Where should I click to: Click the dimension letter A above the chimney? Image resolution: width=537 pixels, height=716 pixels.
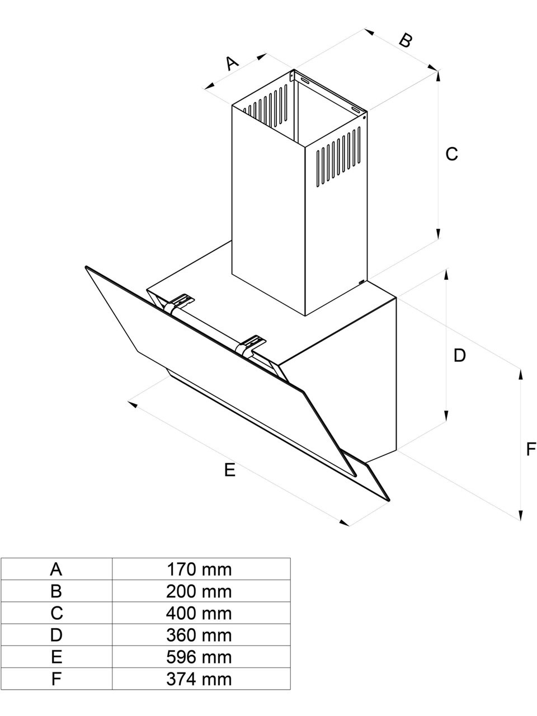coord(232,62)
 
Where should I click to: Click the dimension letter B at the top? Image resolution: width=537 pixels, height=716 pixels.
coord(406,40)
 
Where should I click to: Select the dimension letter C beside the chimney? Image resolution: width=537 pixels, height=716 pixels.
coord(451,153)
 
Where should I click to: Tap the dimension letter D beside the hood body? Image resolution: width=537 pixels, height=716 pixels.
coord(459,355)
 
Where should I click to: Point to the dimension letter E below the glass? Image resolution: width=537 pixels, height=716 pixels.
coord(230,470)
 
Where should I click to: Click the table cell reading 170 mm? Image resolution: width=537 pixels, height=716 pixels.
coord(199,569)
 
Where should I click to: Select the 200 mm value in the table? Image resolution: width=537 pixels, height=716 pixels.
coord(199,591)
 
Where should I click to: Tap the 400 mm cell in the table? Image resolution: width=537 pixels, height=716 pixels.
coord(199,613)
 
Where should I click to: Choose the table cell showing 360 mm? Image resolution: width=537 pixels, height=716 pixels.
coord(199,635)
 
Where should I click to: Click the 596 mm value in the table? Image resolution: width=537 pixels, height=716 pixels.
coord(199,657)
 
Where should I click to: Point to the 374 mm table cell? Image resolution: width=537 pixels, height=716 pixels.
coord(199,679)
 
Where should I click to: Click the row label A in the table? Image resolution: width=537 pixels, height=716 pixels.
coord(56,569)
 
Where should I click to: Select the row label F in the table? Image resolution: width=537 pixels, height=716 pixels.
coord(56,679)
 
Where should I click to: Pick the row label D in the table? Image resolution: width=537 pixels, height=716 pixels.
coord(56,635)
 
